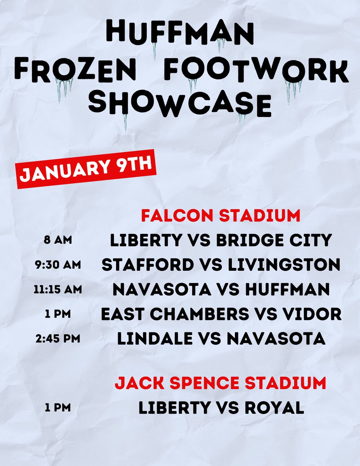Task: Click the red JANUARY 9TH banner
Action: coord(86,170)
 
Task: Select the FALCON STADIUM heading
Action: coord(221,216)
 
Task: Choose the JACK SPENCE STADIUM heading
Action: coord(220,383)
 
